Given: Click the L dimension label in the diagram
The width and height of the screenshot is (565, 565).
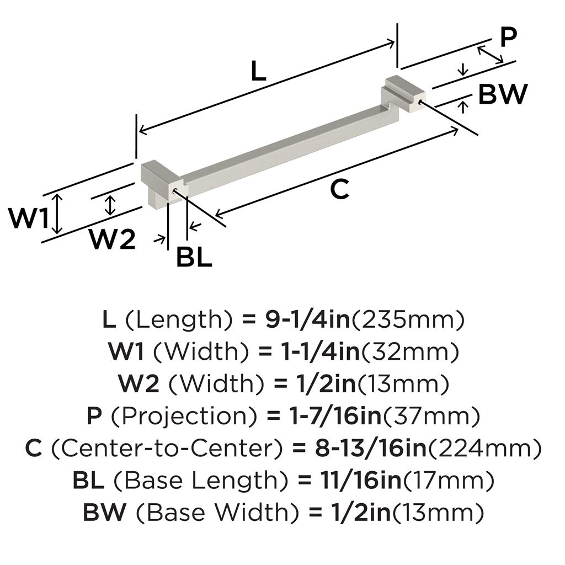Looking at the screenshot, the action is tap(258, 71).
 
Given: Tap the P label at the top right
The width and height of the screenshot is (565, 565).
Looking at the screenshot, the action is tap(509, 37).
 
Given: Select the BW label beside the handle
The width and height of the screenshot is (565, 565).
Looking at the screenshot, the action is tap(503, 94).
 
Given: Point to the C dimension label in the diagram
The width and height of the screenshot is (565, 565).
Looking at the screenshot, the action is tap(339, 190).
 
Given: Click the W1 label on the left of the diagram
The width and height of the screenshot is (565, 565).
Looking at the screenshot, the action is tap(29, 218).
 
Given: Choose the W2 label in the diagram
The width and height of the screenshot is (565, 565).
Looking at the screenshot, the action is tap(113, 239).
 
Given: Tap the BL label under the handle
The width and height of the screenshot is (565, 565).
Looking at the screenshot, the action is tap(194, 257).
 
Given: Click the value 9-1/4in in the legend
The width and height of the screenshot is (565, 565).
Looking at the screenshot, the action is tap(308, 319).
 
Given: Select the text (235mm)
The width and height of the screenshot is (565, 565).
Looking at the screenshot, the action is tap(408, 320).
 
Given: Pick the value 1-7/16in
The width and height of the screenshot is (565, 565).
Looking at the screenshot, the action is tap(335, 416).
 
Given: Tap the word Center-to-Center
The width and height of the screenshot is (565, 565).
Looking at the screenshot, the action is tap(166, 448).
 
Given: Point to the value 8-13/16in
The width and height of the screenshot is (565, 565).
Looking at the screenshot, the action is tap(371, 448).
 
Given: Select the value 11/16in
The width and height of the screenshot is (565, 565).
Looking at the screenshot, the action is tap(361, 480).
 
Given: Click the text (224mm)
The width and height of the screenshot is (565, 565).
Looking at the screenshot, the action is tap(484, 448).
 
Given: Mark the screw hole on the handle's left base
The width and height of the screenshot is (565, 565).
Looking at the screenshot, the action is tap(175, 190).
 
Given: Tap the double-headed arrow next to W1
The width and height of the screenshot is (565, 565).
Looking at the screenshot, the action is tap(57, 214).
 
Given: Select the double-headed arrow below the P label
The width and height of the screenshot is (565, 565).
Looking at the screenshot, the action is tap(490, 55).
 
